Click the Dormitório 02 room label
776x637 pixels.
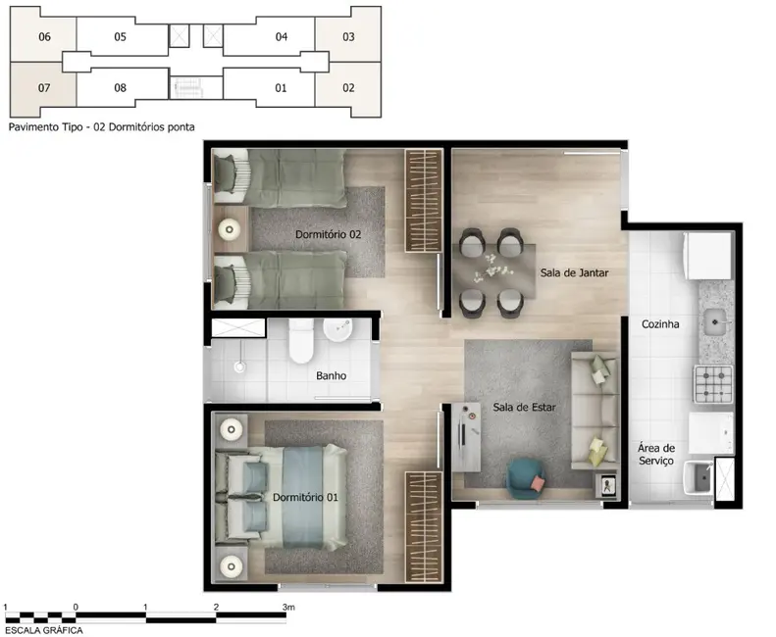click(329, 235)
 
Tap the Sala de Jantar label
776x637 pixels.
click(568, 273)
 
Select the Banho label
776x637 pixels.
click(331, 375)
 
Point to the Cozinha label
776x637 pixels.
click(661, 324)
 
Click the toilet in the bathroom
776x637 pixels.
click(300, 343)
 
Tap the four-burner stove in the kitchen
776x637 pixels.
click(713, 384)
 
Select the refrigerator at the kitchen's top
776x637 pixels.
click(708, 255)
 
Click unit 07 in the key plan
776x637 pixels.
click(44, 87)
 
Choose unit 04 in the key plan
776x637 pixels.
click(282, 37)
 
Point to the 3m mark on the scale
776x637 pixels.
click(287, 608)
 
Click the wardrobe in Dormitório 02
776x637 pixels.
click(424, 200)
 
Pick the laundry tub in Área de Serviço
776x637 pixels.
click(700, 477)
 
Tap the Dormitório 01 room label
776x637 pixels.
click(306, 498)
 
